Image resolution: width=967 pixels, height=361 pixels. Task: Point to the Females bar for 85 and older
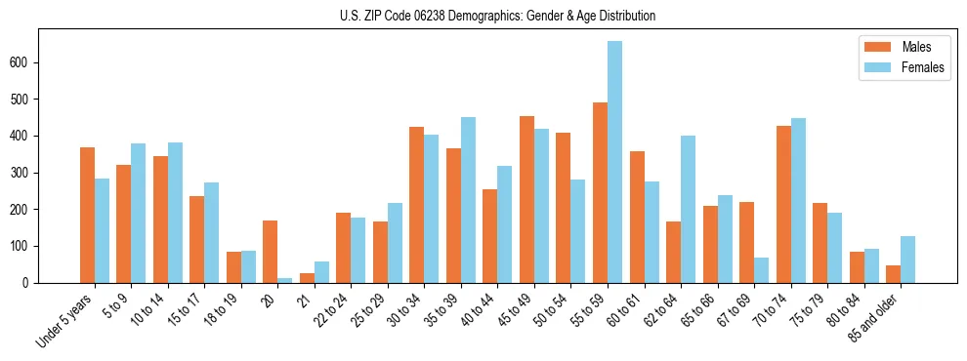click(x=907, y=260)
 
